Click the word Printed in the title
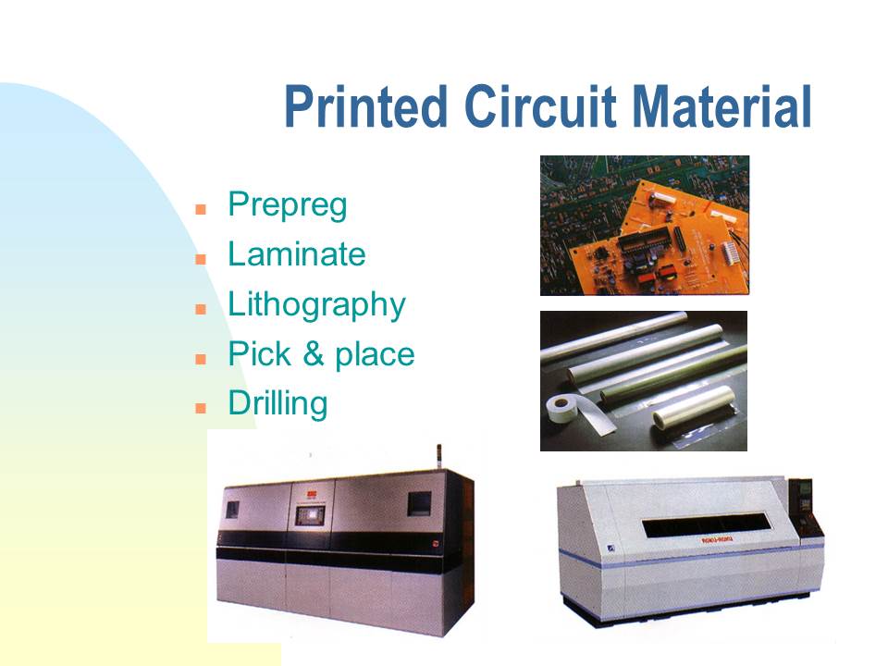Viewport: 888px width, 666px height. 366,106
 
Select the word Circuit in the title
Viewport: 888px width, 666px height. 540,106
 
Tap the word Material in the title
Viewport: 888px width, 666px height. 722,106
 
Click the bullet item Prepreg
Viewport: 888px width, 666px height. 287,205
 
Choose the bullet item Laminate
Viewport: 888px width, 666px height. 297,253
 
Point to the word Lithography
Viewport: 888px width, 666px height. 317,306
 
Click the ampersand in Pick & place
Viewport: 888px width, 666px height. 314,354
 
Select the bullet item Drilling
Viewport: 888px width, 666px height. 278,404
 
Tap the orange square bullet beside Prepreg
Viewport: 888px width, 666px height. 201,210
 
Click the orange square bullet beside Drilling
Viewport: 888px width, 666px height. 201,408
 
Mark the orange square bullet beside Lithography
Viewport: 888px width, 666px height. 201,309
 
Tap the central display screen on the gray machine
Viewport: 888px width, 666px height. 310,515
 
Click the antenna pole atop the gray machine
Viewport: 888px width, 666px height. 438,457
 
